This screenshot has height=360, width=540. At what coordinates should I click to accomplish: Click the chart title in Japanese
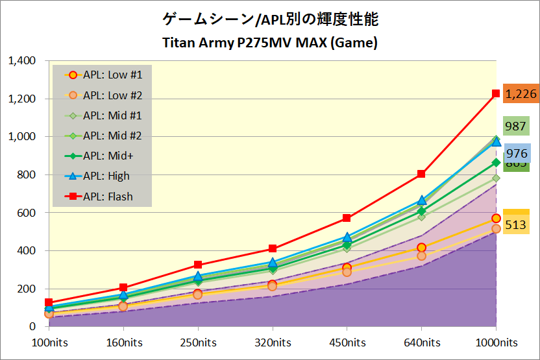(x=269, y=19)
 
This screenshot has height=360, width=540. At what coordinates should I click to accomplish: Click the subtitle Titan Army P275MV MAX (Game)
(x=269, y=43)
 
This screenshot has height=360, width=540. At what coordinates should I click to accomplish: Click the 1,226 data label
(x=521, y=94)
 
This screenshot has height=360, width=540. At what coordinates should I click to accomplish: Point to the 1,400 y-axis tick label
(x=23, y=61)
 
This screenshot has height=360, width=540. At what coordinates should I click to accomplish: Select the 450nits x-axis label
(x=347, y=342)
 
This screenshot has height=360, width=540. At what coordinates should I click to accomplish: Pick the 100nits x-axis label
(x=50, y=342)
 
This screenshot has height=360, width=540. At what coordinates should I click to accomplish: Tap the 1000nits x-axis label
(x=496, y=342)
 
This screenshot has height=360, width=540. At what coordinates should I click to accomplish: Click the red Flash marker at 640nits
(x=421, y=174)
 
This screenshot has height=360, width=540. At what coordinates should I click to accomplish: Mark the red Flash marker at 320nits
(x=273, y=248)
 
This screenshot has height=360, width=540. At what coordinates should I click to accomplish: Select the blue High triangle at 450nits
(x=347, y=237)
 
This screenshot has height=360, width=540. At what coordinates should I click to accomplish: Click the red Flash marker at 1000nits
(x=496, y=93)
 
